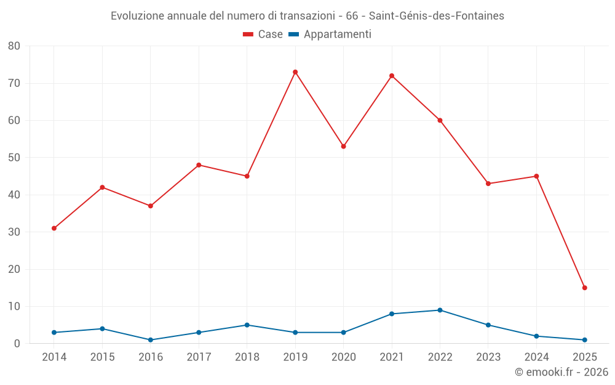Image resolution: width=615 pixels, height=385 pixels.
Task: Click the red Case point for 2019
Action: pos(295,72)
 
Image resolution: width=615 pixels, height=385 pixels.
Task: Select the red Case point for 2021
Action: pos(392,76)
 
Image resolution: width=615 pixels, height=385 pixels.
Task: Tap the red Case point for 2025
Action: pos(584,288)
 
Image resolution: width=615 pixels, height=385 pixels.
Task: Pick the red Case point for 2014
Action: pos(54,228)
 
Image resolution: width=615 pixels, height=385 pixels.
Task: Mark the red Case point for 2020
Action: pos(343,147)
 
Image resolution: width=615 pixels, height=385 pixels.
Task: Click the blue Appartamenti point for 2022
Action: pos(440,310)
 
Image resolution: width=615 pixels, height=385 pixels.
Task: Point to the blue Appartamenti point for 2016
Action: pos(151,340)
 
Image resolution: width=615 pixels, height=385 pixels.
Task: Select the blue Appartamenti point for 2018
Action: pos(247,325)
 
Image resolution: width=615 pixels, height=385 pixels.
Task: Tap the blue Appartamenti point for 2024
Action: pos(536,336)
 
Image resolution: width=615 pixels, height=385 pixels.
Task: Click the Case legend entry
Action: pos(263,34)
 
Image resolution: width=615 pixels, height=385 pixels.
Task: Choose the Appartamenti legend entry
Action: pos(330,34)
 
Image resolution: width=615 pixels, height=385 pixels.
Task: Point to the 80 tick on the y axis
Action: pos(14,46)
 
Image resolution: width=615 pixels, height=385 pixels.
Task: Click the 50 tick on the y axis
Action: pos(14,158)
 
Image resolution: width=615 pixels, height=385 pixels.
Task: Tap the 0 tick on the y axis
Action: pos(17,344)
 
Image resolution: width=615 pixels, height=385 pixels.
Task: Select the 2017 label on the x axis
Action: pos(199,357)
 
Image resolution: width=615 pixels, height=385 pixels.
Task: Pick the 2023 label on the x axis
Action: pos(488,357)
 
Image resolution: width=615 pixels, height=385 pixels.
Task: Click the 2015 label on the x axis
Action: pos(102,357)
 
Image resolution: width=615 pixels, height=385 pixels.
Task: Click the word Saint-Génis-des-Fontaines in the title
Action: pos(436,16)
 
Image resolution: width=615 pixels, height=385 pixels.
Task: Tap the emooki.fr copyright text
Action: pos(561,372)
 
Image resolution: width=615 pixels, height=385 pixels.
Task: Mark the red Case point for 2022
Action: pos(440,120)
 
